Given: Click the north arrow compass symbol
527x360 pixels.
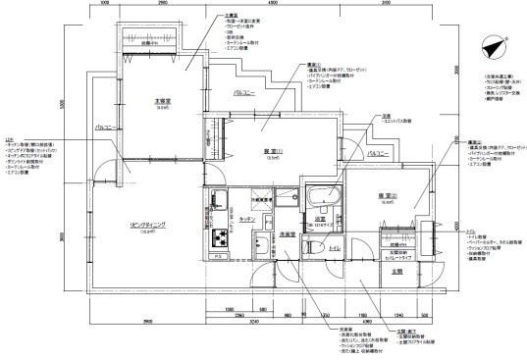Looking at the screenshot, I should (x=492, y=45).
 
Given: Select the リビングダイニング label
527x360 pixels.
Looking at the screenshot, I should (x=146, y=225).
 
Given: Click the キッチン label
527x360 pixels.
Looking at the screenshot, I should (x=247, y=219).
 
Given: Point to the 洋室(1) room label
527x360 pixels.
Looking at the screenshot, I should (x=272, y=150).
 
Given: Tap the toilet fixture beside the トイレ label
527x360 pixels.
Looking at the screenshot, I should (x=314, y=249).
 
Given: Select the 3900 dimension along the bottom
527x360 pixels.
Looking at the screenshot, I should (x=147, y=322).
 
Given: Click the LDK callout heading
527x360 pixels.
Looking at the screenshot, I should (x=9, y=139).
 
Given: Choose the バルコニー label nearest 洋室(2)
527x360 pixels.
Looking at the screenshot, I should (x=378, y=154).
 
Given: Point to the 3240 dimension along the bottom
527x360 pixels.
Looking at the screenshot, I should (x=253, y=322).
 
